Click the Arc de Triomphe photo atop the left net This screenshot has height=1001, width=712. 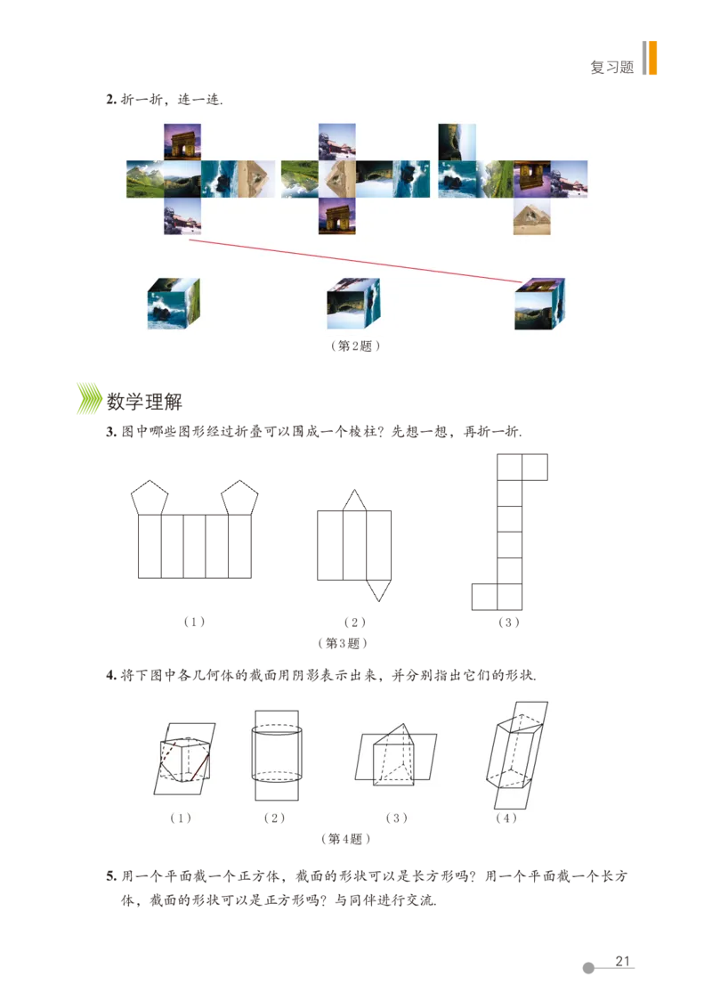pos(182,142)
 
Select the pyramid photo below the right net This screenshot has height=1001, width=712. pos(532,216)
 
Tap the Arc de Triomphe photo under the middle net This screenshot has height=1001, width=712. pos(337,216)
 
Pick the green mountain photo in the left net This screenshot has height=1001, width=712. pos(145,179)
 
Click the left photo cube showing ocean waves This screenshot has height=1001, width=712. pos(174,305)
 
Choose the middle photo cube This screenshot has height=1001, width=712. pos(352,305)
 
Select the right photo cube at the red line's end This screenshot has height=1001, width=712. pos(538,305)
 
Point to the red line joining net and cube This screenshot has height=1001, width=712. pos(356,259)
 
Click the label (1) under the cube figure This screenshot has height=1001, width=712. pos(182,818)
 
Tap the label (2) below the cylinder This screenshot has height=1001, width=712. pos(274,818)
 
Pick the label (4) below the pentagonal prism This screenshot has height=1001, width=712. pos(506,818)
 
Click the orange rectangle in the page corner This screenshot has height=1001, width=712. pos(653,58)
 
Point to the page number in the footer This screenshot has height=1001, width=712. pos(622,962)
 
